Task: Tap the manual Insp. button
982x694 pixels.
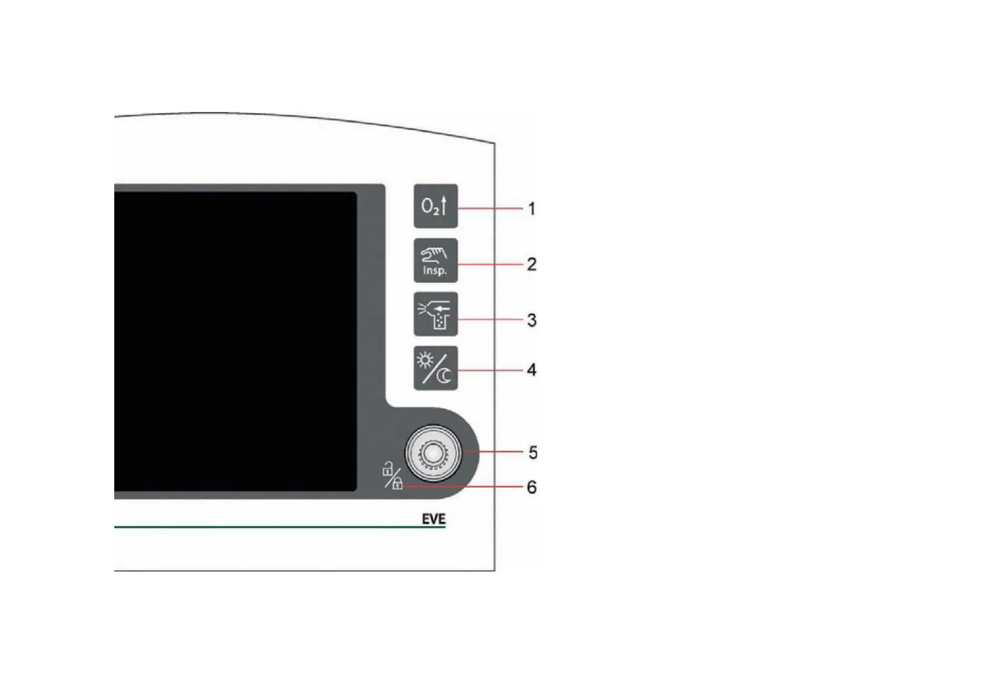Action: (436, 261)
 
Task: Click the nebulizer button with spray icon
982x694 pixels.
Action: (436, 314)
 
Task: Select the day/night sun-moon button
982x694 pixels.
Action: (436, 368)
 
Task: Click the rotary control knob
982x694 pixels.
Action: (433, 453)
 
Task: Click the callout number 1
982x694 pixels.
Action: (531, 209)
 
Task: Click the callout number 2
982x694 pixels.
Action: (531, 264)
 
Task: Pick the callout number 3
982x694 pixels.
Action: (531, 320)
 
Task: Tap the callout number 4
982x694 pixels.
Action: (531, 370)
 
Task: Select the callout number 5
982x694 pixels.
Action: (532, 453)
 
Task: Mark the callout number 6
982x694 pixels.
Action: (531, 487)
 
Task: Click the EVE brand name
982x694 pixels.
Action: (433, 519)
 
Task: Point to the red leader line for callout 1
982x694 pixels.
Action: (490, 208)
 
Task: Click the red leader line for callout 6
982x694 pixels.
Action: (461, 486)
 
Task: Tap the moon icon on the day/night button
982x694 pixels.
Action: (445, 376)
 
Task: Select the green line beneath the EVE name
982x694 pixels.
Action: (280, 527)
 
